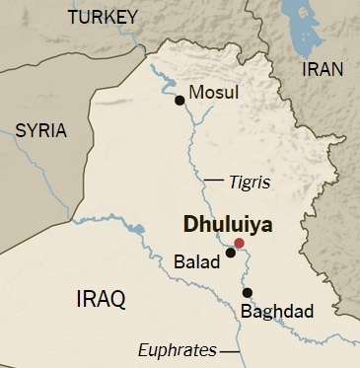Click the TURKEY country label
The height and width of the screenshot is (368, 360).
point(108,17)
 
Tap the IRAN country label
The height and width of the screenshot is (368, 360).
point(323,69)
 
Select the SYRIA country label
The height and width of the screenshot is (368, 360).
point(40,130)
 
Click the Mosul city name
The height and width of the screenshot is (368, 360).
point(214,93)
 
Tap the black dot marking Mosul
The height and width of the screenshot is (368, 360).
point(180,100)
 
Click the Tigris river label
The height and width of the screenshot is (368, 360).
point(250,183)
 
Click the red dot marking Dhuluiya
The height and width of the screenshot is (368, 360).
point(239,243)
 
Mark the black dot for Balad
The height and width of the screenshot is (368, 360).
point(230,253)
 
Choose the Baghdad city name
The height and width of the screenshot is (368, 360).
point(277,312)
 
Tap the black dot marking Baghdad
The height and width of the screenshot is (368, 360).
point(248,292)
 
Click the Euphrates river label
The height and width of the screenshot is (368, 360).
point(178,349)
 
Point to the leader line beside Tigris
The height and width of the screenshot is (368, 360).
point(215,182)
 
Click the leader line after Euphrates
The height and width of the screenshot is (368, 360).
point(230,350)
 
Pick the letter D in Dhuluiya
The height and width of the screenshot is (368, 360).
point(191,224)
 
